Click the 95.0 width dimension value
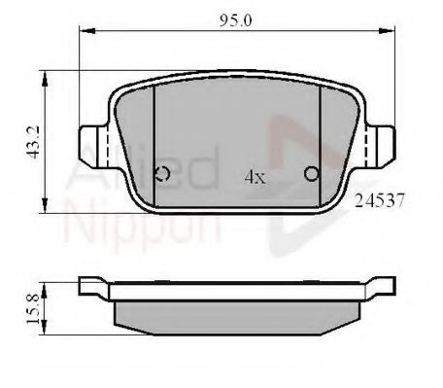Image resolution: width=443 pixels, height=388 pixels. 235,21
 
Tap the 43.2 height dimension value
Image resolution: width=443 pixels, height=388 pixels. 33,142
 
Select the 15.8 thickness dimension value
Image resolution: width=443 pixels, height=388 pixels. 33,308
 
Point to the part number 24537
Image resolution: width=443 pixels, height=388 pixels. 380,200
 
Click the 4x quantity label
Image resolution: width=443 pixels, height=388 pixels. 256,177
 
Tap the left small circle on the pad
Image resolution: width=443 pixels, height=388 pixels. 162,174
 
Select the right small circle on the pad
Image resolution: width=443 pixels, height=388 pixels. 312,174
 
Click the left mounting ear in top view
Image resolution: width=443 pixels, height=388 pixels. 93,147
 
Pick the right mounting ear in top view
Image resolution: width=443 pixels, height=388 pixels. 381,147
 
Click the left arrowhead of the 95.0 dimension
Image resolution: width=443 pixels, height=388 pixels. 87,31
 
